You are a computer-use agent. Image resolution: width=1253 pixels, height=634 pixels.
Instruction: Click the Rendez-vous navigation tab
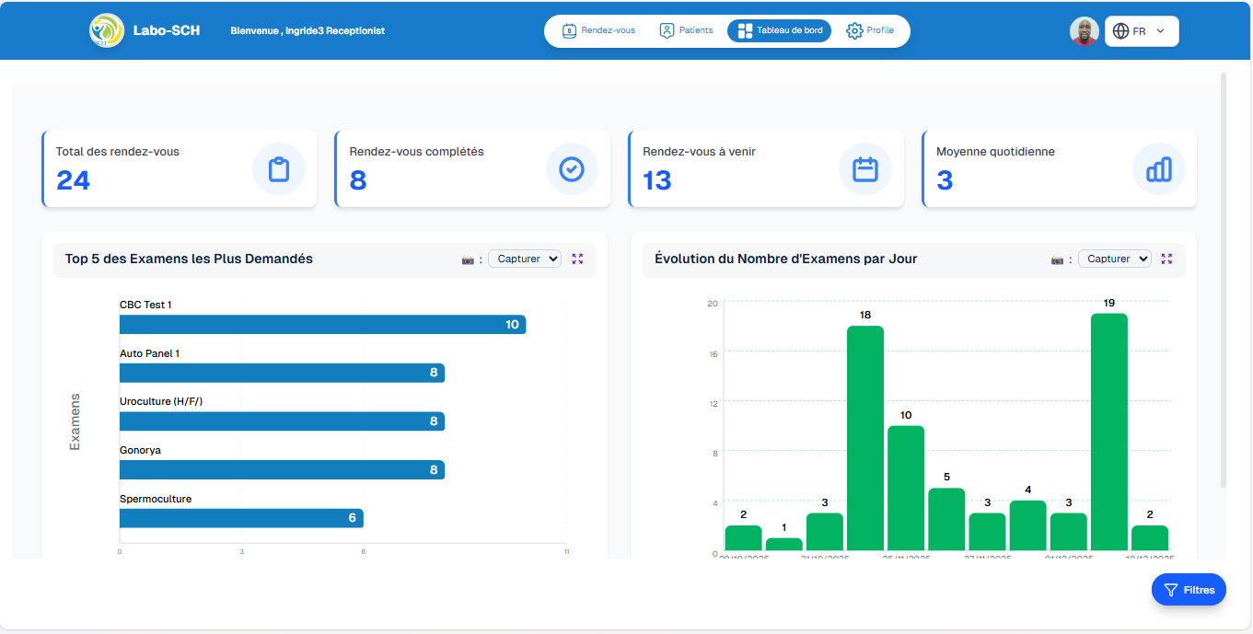click(x=598, y=30)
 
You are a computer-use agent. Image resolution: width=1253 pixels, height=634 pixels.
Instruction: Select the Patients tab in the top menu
click(x=686, y=30)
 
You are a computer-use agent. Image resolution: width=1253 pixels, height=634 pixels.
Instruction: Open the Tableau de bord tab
click(x=779, y=30)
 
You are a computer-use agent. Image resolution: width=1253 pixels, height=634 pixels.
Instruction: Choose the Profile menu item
click(x=870, y=30)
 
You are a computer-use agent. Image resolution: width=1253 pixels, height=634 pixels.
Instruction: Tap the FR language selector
click(x=1142, y=31)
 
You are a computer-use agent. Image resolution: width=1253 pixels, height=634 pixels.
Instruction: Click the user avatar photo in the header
click(x=1085, y=31)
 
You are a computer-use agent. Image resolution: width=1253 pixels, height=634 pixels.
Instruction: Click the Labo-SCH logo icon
click(x=106, y=30)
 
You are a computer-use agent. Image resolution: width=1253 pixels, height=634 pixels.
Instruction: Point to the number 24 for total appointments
click(x=73, y=180)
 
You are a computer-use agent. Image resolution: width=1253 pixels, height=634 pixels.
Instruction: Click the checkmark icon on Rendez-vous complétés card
click(x=572, y=169)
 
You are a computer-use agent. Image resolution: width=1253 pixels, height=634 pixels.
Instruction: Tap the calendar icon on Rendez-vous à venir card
click(x=864, y=169)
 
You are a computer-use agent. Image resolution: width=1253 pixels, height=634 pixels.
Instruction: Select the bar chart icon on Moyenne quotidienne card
click(x=1158, y=169)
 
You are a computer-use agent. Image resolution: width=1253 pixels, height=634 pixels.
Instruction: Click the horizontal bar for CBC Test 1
click(x=322, y=325)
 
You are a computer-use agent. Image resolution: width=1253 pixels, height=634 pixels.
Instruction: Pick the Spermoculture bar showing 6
click(x=241, y=518)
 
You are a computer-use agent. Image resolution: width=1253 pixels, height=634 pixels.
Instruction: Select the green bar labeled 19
click(x=1108, y=432)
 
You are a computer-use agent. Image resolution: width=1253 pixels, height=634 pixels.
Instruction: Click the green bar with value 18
click(x=864, y=439)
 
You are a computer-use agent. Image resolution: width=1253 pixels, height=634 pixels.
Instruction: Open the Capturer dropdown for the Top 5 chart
click(x=525, y=259)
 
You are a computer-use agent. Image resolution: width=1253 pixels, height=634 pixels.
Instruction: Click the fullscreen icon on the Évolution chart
click(x=1166, y=259)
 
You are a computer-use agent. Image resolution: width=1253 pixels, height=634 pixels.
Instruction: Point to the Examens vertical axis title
click(x=75, y=421)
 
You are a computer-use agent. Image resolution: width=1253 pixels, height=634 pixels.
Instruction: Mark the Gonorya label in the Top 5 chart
click(x=140, y=450)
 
